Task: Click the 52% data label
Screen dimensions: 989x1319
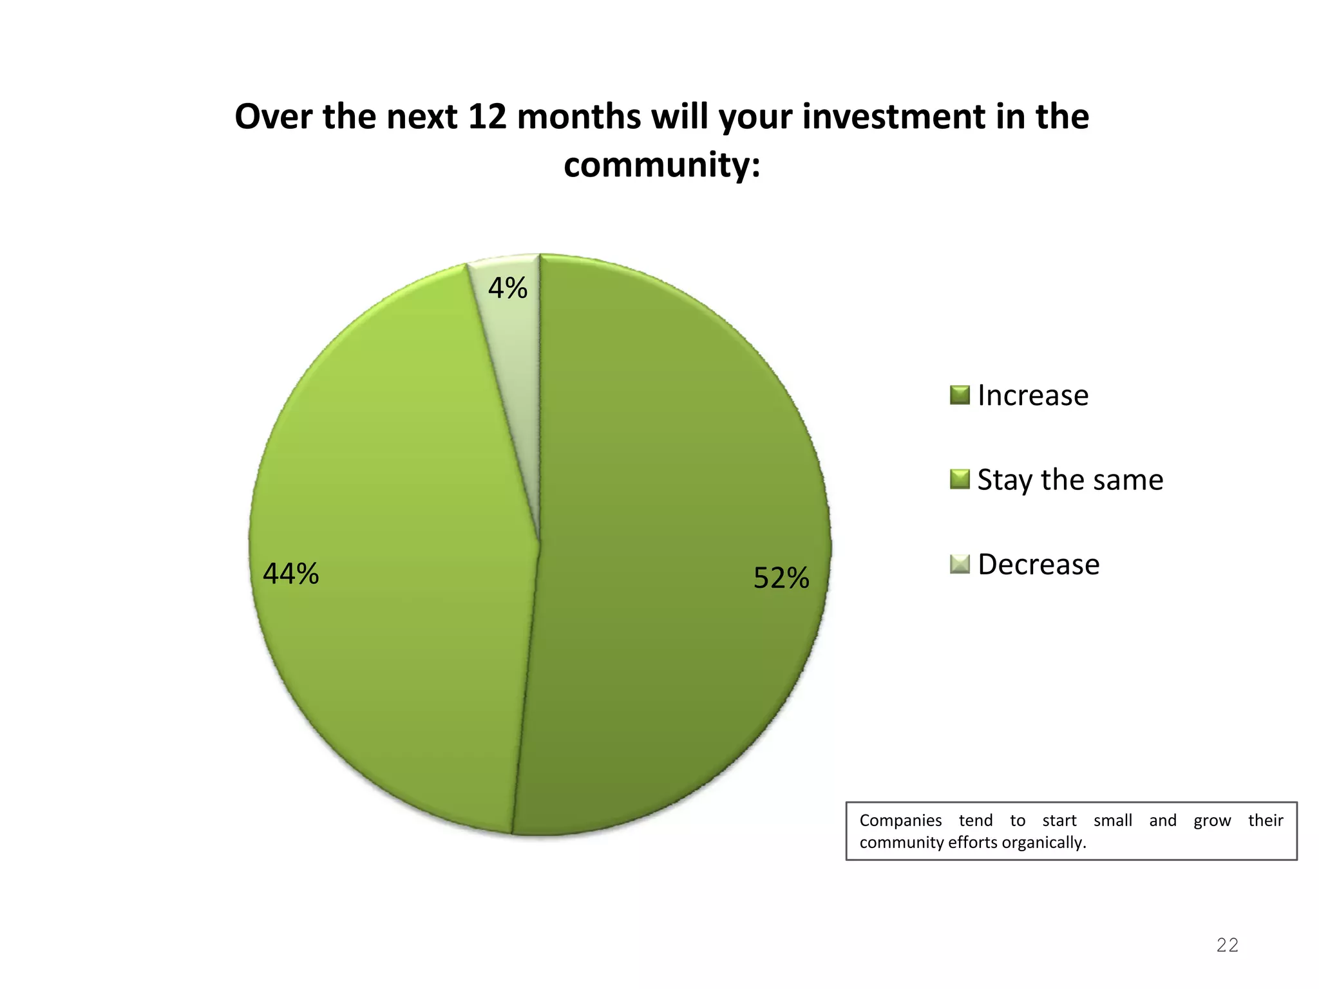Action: click(781, 578)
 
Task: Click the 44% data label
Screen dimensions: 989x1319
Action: click(290, 573)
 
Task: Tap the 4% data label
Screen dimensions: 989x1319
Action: click(508, 288)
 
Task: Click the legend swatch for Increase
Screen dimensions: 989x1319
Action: click(959, 395)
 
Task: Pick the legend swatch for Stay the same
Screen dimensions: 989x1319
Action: click(959, 480)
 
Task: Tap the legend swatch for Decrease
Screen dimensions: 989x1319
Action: click(959, 564)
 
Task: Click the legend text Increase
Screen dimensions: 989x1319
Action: click(1032, 395)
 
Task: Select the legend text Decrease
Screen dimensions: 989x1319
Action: click(1038, 565)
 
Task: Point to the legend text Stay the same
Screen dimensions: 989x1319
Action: click(1070, 480)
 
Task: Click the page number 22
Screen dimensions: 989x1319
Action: click(1227, 945)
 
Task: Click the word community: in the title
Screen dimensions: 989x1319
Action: click(661, 165)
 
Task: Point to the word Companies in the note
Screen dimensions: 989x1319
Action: click(900, 820)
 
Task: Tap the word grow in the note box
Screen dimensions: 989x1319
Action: click(1212, 821)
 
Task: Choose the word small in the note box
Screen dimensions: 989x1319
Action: click(1113, 820)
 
